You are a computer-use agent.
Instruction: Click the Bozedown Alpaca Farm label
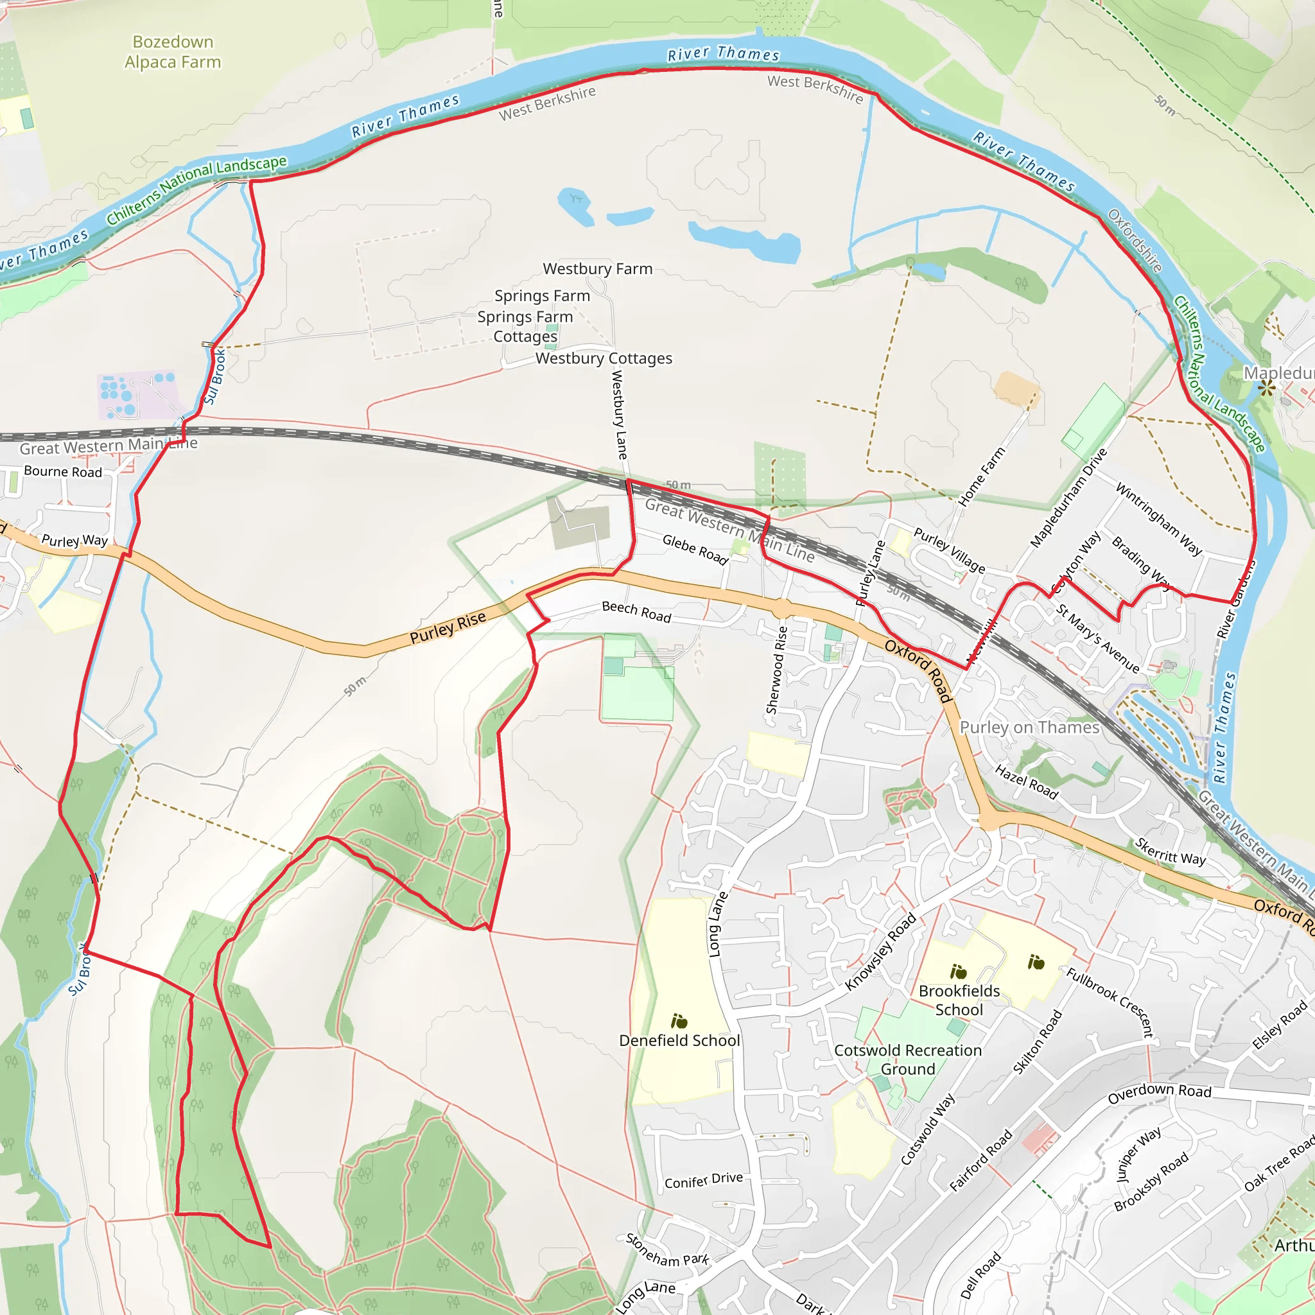pos(173,52)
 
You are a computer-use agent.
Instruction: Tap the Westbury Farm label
pos(597,269)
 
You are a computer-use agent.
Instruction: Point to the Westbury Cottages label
pos(603,359)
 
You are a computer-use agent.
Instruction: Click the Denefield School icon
pos(679,1021)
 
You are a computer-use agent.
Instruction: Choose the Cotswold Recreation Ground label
pos(907,1059)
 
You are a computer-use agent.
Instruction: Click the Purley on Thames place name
pos(1029,727)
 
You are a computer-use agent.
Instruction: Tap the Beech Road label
pos(636,612)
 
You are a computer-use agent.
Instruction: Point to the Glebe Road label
pos(695,549)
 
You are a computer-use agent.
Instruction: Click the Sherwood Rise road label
pos(777,670)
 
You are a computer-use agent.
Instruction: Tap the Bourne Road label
pos(63,472)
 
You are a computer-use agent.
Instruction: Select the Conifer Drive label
pos(703,1180)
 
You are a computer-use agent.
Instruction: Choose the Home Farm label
pos(981,477)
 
